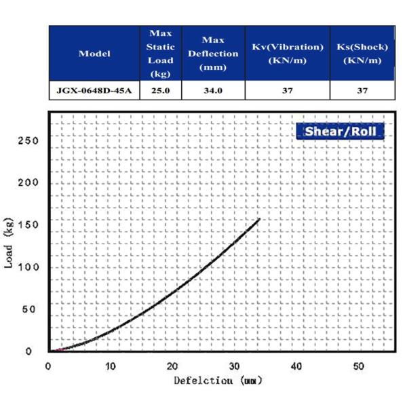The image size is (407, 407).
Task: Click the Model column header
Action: point(94,54)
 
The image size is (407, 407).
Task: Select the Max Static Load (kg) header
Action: point(160,54)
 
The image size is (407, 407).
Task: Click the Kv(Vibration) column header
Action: point(287,54)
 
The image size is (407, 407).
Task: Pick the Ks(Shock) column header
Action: point(362,54)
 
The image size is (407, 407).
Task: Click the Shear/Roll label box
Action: point(340,132)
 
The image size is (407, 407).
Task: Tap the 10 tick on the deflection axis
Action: point(110,366)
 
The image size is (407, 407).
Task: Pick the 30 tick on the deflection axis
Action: point(234,366)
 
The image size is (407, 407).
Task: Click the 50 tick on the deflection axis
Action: point(358,366)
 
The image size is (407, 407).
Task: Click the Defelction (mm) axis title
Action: point(217,381)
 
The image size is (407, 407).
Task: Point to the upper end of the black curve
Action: point(259,219)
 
